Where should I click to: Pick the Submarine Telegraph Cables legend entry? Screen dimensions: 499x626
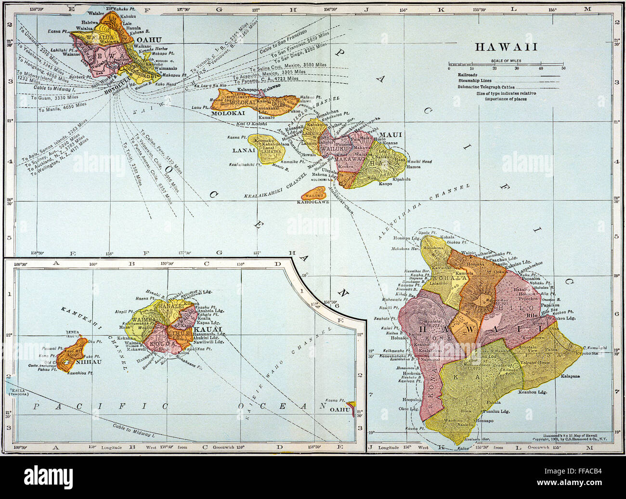486,87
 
